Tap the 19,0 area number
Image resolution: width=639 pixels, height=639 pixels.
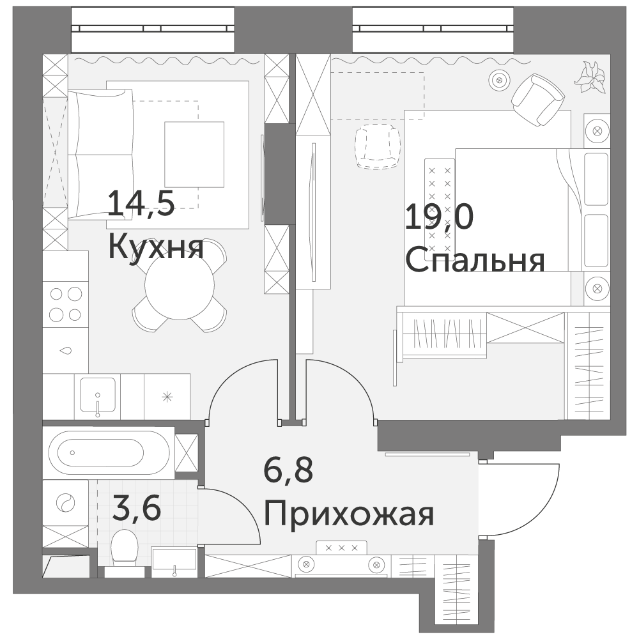coord(440,218)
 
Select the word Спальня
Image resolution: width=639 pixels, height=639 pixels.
coord(475,261)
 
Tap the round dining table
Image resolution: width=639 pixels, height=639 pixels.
coord(180,285)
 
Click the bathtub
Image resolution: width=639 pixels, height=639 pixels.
coord(109,453)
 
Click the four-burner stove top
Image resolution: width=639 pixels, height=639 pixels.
coord(66,304)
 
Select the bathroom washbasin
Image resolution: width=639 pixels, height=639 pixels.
coord(174,562)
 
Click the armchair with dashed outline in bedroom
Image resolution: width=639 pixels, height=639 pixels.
coord(378,146)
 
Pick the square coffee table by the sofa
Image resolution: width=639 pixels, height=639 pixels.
coord(194,155)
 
